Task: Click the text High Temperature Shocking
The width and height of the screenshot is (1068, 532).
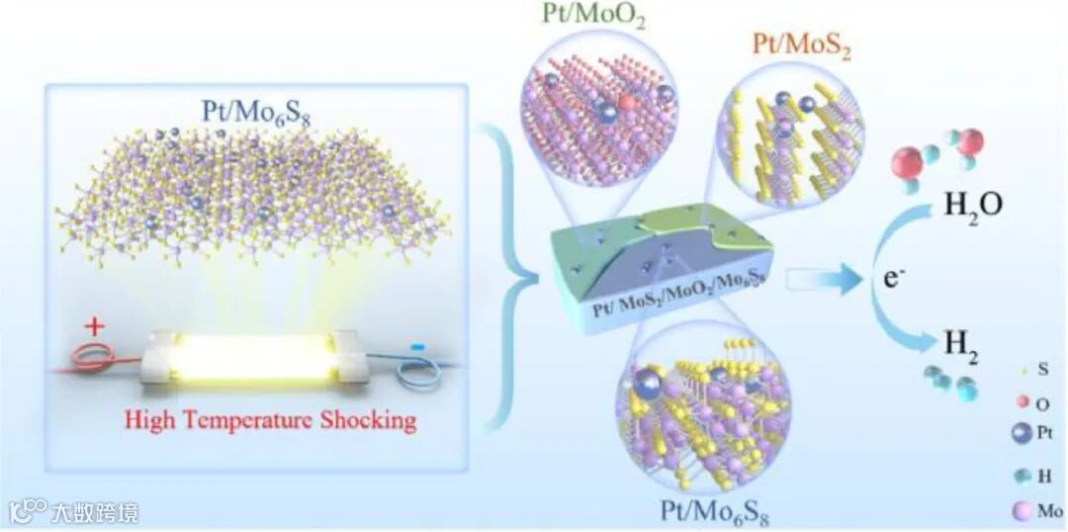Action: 270,420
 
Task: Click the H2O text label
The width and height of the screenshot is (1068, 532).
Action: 974,205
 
